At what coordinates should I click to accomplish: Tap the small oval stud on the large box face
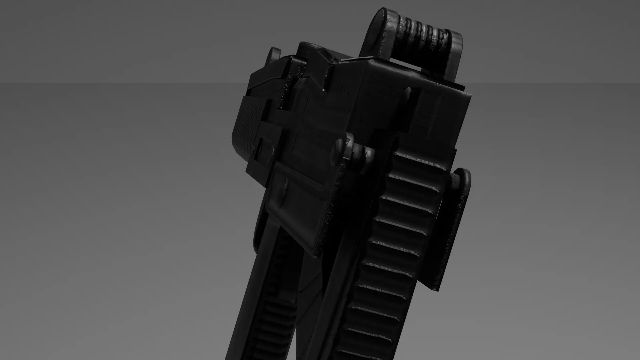pyautogui.click(x=407, y=93)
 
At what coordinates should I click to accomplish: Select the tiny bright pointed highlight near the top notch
pyautogui.click(x=324, y=90)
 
